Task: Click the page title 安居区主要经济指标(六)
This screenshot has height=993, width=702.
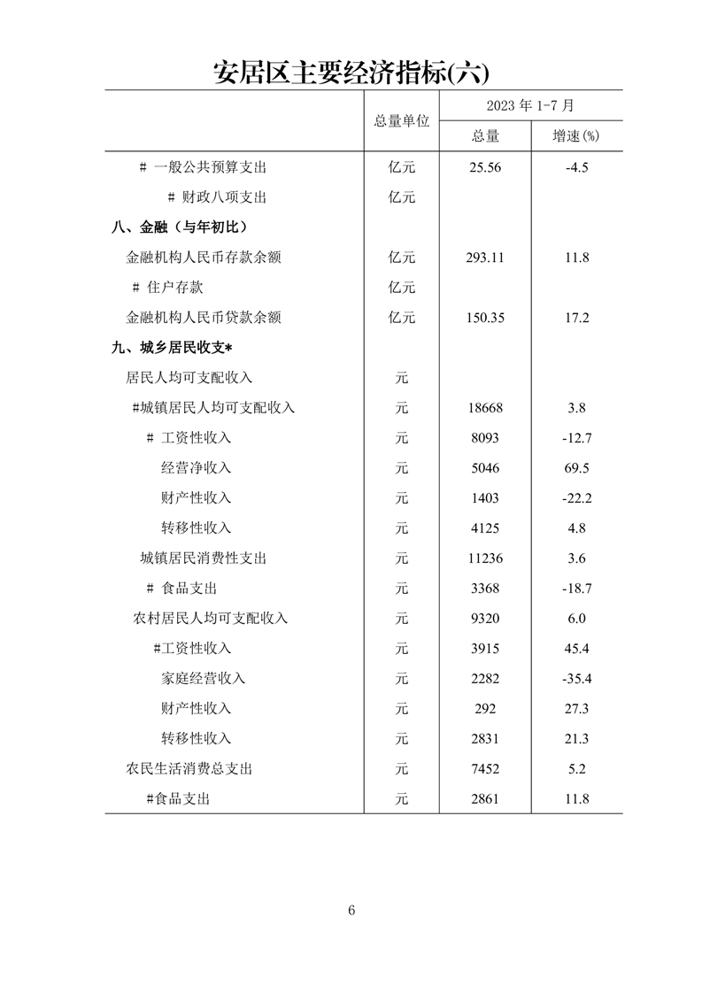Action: [x=351, y=71]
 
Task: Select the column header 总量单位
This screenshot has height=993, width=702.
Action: [x=401, y=120]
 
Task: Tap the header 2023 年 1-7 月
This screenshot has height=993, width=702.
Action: [x=530, y=105]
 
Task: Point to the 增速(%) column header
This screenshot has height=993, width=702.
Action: [x=576, y=135]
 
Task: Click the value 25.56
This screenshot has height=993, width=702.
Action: [x=484, y=167]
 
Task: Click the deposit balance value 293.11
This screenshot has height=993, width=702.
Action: [x=484, y=258]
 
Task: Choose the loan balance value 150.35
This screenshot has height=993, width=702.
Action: [x=484, y=318]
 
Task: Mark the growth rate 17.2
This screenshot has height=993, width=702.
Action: [x=576, y=318]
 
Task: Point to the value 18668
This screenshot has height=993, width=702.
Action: [x=484, y=408]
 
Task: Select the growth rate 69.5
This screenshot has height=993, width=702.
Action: [x=576, y=468]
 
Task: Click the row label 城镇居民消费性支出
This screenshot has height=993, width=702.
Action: [x=204, y=558]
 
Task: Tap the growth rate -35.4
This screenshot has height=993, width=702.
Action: [x=576, y=679]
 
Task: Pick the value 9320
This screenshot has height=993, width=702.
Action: [x=484, y=619]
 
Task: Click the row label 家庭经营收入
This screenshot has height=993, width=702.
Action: [x=203, y=679]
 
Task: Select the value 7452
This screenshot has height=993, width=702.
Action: [x=484, y=769]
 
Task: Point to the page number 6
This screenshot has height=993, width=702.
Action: [x=351, y=911]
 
